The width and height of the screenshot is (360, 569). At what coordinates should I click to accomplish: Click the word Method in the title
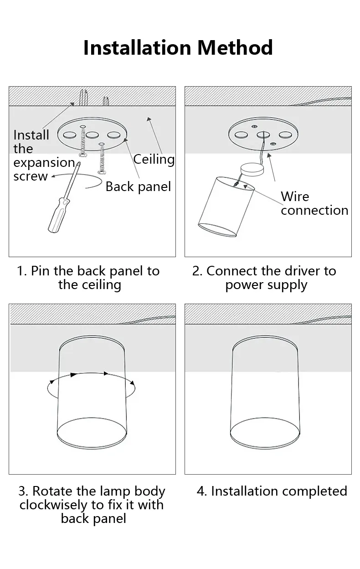(235, 47)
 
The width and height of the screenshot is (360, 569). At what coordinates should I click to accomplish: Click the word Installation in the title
(137, 47)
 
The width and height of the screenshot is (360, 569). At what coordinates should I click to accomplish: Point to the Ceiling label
(154, 160)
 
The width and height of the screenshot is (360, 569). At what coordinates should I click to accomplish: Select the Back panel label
(138, 187)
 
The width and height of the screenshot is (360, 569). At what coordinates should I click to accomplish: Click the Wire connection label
(314, 203)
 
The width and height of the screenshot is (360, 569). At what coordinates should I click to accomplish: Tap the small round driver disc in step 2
(252, 170)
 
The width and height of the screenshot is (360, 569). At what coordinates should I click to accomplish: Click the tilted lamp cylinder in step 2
(226, 207)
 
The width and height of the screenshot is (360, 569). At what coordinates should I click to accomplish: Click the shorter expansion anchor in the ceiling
(106, 101)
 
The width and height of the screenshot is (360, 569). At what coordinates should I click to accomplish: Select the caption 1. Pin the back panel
(88, 278)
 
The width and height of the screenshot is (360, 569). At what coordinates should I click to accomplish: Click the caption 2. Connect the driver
(265, 278)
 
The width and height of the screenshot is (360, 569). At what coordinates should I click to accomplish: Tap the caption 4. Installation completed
(272, 491)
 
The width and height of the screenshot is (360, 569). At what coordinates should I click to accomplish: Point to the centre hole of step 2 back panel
(263, 134)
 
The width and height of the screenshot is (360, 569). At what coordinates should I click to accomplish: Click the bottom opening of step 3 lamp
(92, 433)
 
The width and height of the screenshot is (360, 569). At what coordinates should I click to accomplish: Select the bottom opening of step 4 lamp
(265, 433)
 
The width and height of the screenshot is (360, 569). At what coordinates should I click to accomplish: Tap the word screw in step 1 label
(31, 176)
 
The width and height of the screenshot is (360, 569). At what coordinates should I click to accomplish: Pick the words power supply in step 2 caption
(266, 285)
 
